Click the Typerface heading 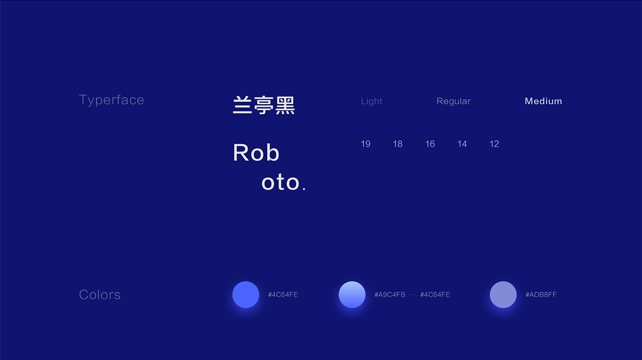(111, 100)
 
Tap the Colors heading (100, 295)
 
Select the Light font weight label (372, 101)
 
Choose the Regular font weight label (453, 101)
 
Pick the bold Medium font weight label (543, 101)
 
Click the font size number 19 (366, 144)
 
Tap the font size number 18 (398, 144)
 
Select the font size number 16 (430, 144)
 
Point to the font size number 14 (462, 144)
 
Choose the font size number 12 (494, 144)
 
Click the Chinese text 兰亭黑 (264, 105)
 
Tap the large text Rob (256, 152)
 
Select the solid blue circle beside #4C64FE (246, 295)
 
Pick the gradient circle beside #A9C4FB (352, 295)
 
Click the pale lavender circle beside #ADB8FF (503, 295)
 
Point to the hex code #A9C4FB (390, 295)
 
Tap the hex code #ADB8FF (541, 295)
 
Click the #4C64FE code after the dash (435, 295)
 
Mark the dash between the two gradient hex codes (413, 295)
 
